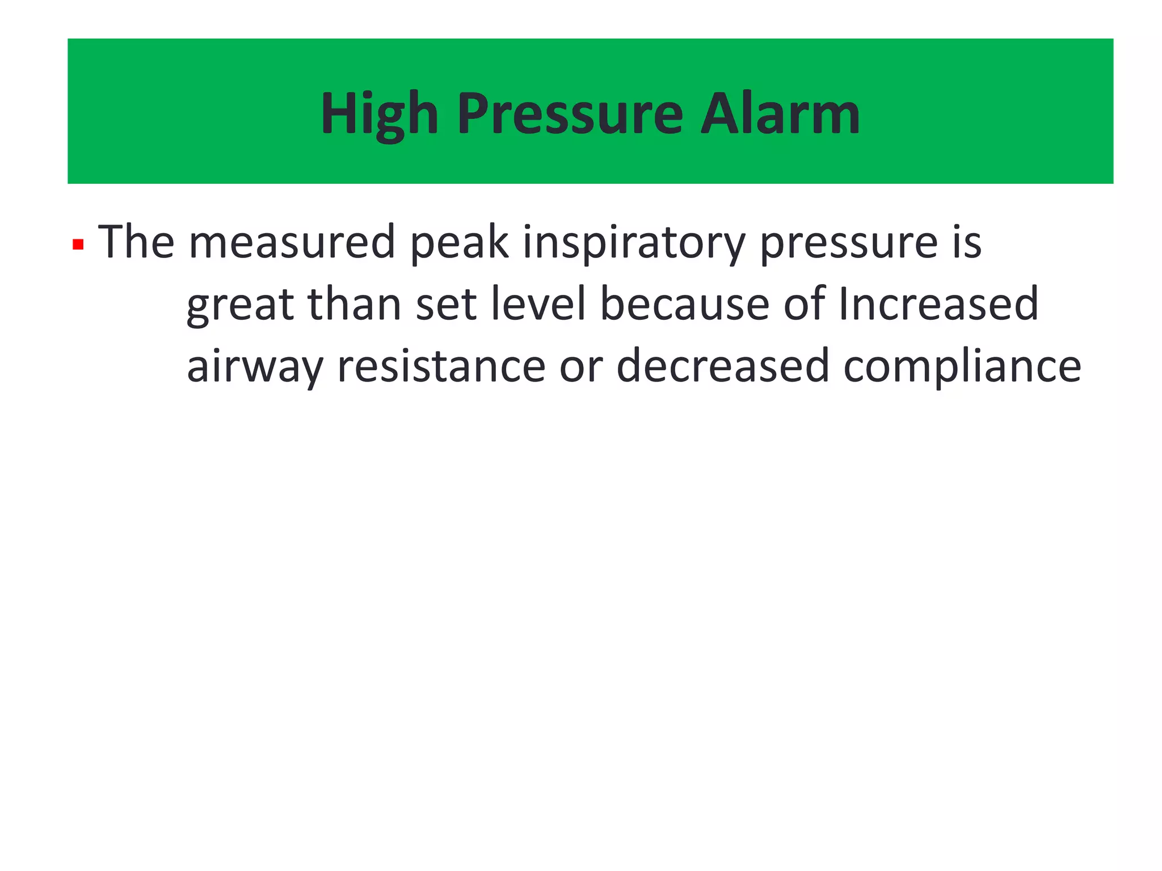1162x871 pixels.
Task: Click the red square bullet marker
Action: point(78,245)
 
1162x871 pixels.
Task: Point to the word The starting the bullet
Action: point(136,242)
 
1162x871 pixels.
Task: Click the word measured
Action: point(292,242)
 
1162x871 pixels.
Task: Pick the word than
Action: point(354,304)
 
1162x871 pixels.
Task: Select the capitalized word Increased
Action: point(938,304)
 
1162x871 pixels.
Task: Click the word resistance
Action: point(441,366)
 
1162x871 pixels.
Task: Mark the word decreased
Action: point(723,366)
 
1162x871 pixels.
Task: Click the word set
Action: point(446,305)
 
